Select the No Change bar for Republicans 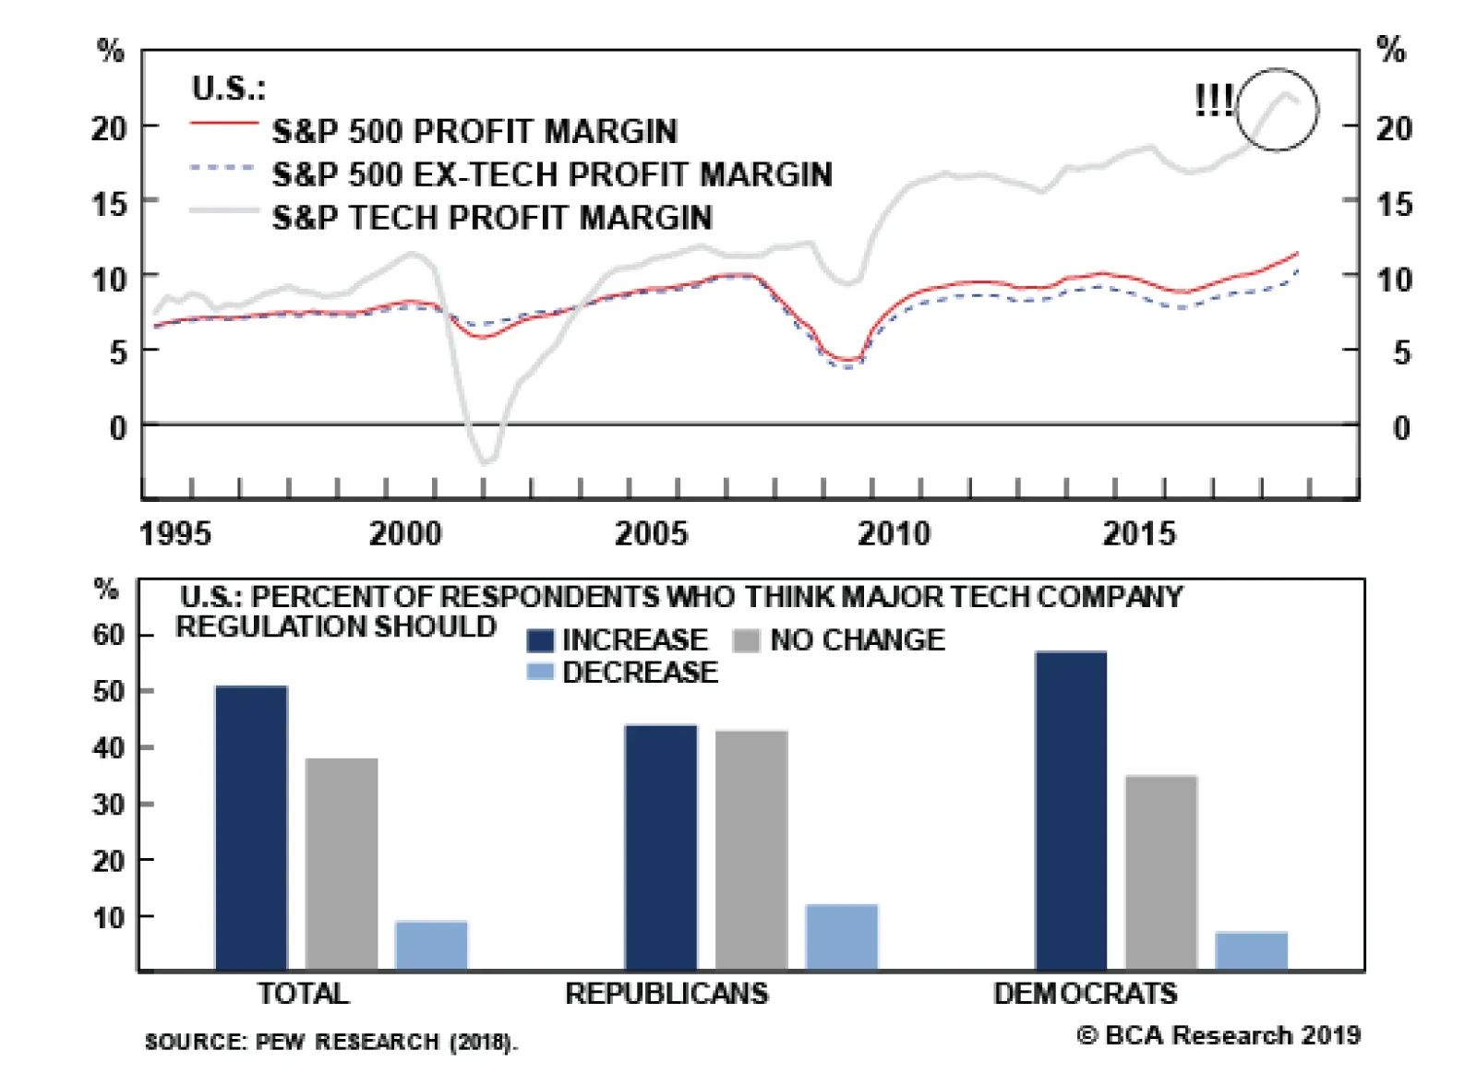751,850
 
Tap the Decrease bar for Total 431,945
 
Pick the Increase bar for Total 251,828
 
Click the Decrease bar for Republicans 842,937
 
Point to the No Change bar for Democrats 1161,872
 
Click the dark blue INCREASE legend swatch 540,640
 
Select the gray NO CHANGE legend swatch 746,640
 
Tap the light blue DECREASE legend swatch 540,672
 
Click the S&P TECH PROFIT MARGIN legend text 492,218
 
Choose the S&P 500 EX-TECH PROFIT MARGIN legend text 552,174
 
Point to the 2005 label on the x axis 651,533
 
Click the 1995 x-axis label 175,533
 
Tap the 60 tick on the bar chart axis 108,635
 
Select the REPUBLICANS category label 666,994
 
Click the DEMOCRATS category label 1086,994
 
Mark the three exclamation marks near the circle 1213,100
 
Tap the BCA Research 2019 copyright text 1219,1035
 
